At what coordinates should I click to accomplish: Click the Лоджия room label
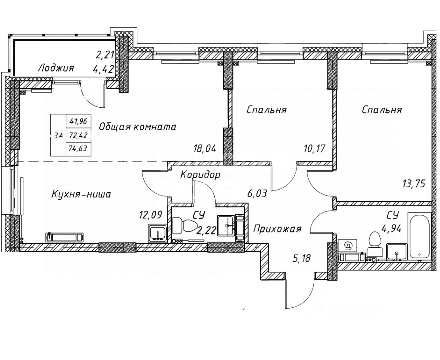tap(56, 68)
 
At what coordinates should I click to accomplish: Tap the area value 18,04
tap(205, 149)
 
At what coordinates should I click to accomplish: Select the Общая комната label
tap(137, 127)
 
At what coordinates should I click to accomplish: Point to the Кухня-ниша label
tap(81, 194)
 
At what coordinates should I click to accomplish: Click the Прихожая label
tap(277, 229)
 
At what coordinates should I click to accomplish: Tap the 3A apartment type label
tap(58, 135)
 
